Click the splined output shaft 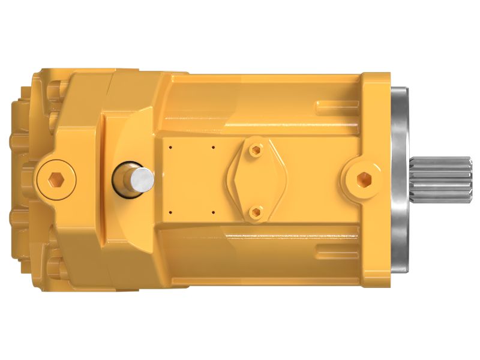[x=441, y=178]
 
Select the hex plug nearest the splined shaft [x=364, y=178]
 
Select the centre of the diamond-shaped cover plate [x=257, y=180]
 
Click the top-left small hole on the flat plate [x=171, y=146]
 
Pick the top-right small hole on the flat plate [x=214, y=146]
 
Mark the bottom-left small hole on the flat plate [x=171, y=212]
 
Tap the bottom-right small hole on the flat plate [x=214, y=212]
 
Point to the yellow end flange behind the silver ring [x=377, y=120]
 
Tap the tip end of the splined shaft [x=470, y=178]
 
